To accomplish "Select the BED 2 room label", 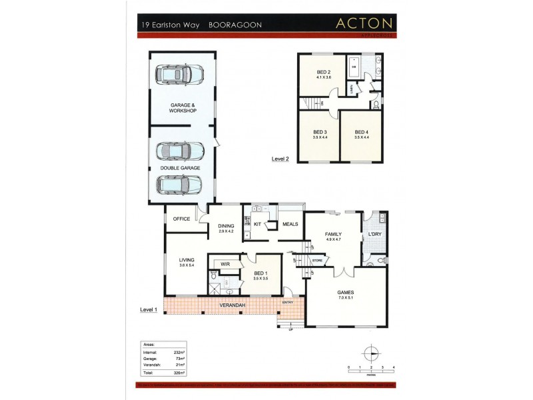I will click(x=324, y=72).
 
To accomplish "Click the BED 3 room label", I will click(x=320, y=132).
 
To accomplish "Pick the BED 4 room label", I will click(x=361, y=132).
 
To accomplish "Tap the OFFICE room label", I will click(x=182, y=219).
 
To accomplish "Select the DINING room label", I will click(x=226, y=226).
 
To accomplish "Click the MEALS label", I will click(x=290, y=225).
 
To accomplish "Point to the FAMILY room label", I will click(x=333, y=235).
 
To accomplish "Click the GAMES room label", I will click(x=345, y=293).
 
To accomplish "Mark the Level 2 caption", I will click(x=280, y=159).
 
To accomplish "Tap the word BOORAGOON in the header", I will click(x=235, y=25).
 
